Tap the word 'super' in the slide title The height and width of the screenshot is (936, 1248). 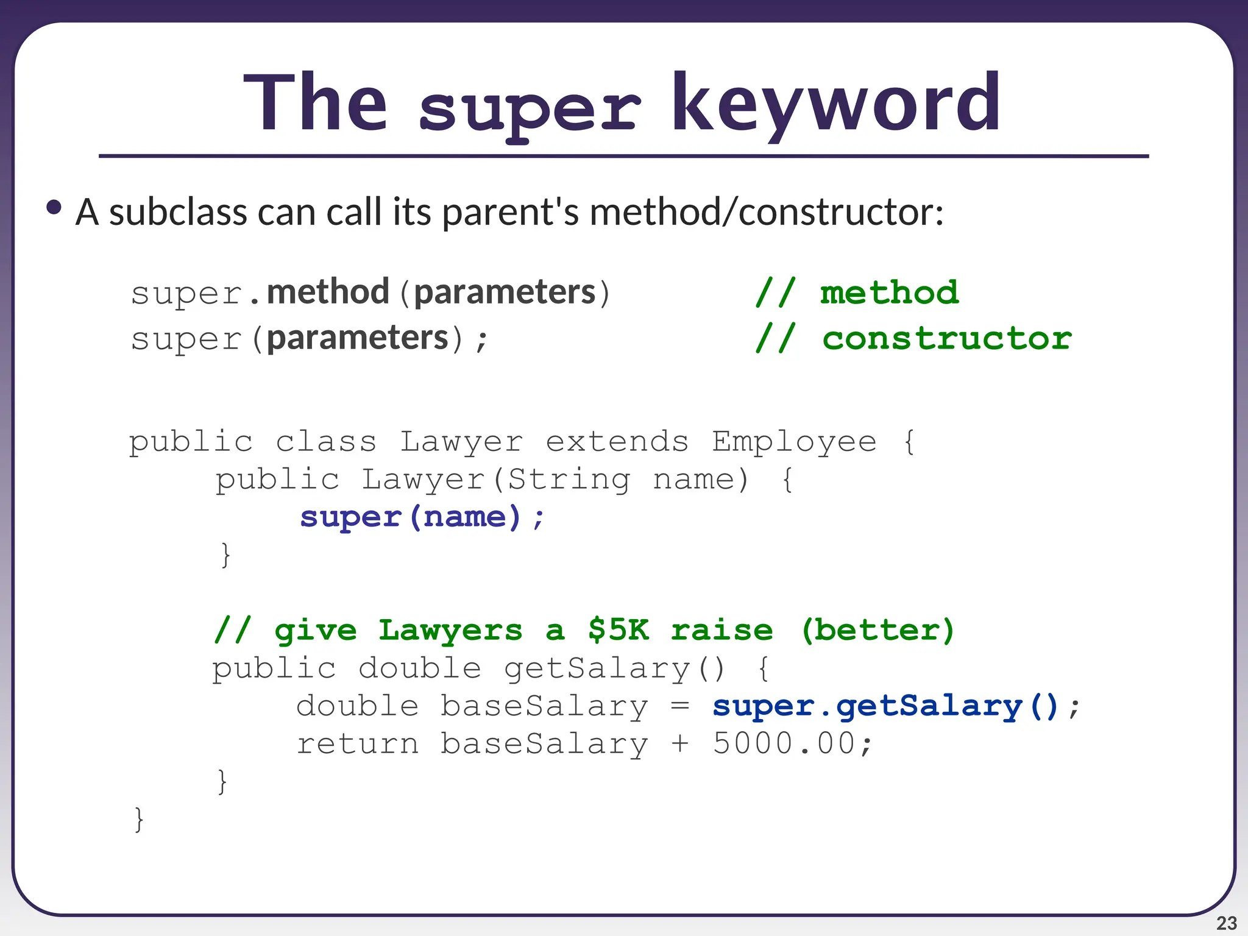pyautogui.click(x=529, y=110)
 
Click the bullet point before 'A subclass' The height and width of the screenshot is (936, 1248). pyautogui.click(x=54, y=208)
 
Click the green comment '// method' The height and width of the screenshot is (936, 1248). pyautogui.click(x=856, y=293)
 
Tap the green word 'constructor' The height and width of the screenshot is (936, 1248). pyautogui.click(x=946, y=339)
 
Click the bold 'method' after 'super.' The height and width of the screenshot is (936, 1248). pyautogui.click(x=328, y=292)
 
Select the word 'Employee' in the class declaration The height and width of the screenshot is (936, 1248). pyautogui.click(x=794, y=441)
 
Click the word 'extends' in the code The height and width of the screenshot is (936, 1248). pyautogui.click(x=617, y=441)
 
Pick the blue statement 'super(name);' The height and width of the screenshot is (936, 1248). pyautogui.click(x=422, y=517)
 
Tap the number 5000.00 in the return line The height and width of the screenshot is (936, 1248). pyautogui.click(x=784, y=744)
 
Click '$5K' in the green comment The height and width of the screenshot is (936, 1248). pyautogui.click(x=619, y=630)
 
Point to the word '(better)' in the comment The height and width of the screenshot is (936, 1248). pyautogui.click(x=877, y=630)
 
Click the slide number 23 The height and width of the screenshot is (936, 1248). pyautogui.click(x=1226, y=923)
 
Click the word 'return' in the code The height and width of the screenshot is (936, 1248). pyautogui.click(x=358, y=744)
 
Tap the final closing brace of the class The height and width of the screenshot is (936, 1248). pyautogui.click(x=139, y=820)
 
